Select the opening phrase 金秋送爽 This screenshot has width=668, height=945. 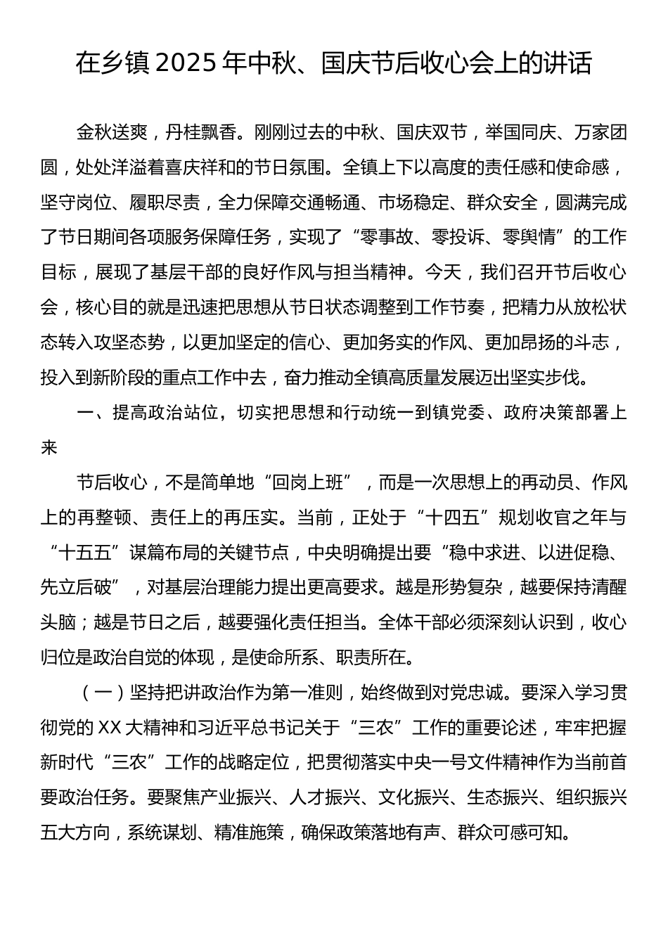[x=111, y=132]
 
